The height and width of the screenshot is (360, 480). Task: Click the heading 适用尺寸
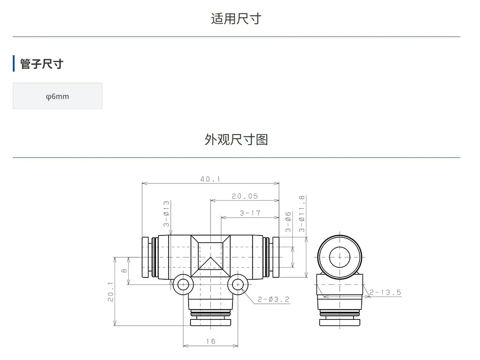(236, 19)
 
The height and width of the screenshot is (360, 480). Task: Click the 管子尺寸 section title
(42, 64)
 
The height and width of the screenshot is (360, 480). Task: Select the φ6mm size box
(58, 96)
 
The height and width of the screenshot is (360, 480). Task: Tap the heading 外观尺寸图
(236, 140)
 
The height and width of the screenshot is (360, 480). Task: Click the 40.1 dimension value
(211, 179)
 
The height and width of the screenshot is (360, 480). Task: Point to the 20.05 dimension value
(245, 196)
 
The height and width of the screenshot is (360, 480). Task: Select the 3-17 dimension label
(250, 213)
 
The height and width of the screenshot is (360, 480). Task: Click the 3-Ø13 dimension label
(166, 214)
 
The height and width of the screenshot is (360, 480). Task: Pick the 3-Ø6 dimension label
(288, 222)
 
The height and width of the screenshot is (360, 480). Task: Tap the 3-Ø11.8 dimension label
(302, 214)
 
